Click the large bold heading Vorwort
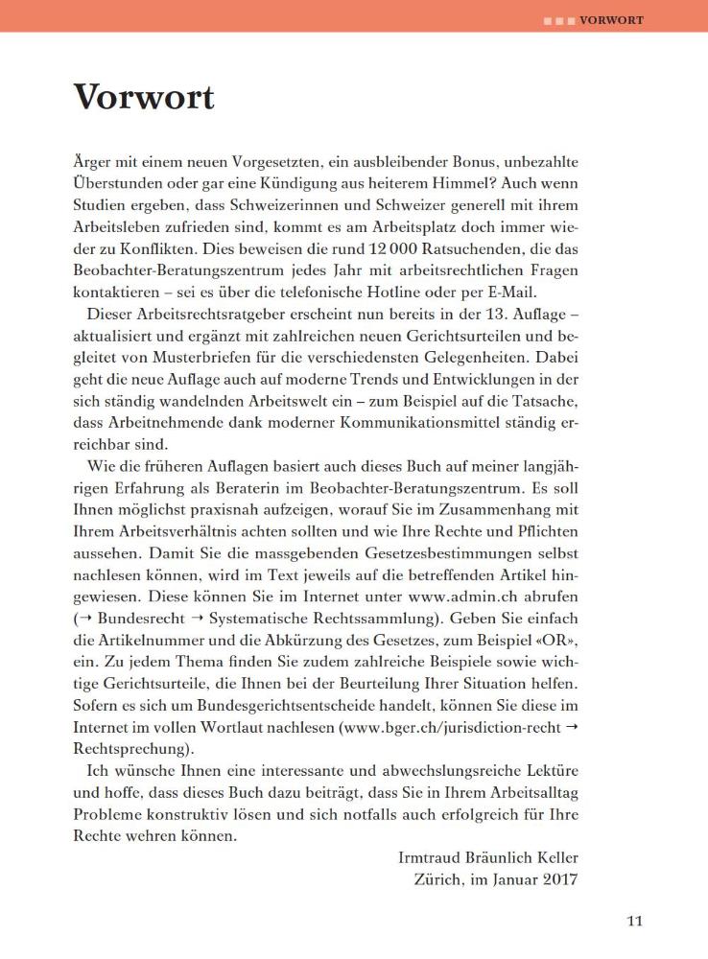click(x=144, y=97)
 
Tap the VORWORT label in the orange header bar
click(x=611, y=19)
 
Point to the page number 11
click(x=634, y=923)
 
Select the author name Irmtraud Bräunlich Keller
click(x=487, y=856)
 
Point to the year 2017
click(x=559, y=877)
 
